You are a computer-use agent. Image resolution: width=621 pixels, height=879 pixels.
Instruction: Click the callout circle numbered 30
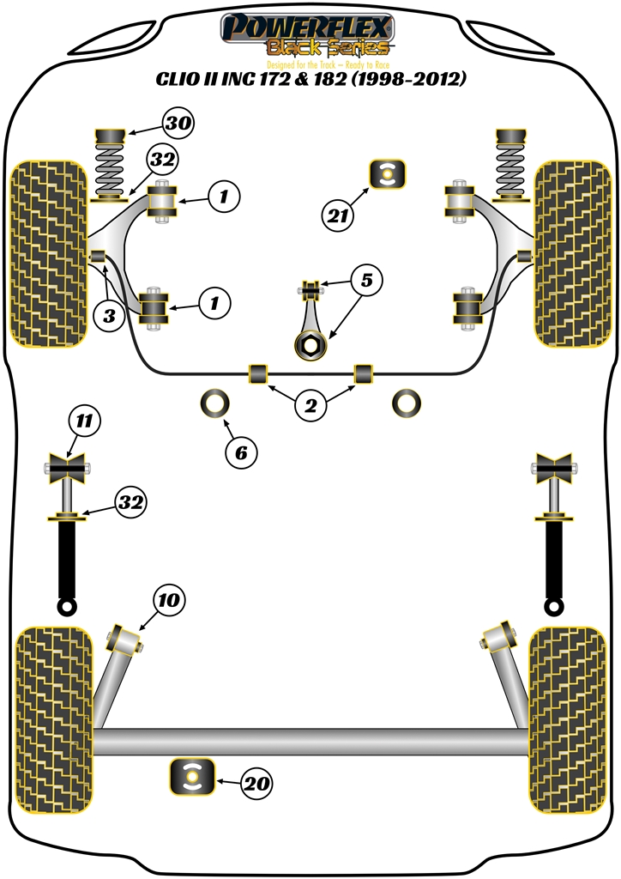coord(178,124)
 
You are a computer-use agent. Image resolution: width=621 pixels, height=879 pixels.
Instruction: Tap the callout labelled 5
coord(366,280)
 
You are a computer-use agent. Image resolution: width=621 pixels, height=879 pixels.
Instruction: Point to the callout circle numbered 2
coord(310,406)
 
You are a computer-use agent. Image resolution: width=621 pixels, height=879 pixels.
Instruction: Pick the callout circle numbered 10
coord(168,600)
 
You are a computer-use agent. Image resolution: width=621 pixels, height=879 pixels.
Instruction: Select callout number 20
coord(257,783)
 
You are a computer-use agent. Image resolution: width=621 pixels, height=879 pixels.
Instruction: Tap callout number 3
coord(109,316)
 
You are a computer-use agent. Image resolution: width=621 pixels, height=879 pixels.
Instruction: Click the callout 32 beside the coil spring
coord(163,160)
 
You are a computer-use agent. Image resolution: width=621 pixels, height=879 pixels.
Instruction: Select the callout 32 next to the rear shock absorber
coord(131,502)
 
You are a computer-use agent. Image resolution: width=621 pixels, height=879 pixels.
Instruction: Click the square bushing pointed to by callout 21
coord(386,175)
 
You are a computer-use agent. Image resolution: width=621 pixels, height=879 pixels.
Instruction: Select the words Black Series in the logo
coord(329,49)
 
